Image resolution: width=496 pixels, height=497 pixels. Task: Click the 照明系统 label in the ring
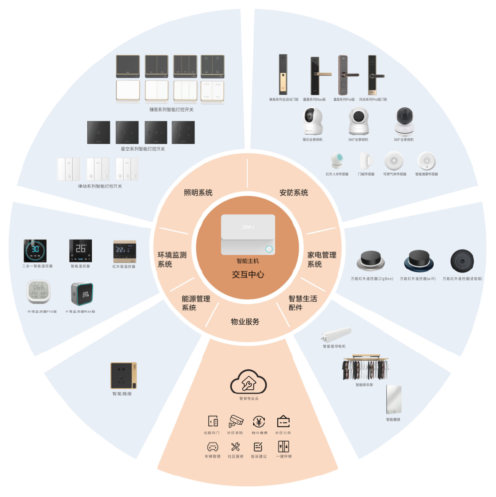(198, 193)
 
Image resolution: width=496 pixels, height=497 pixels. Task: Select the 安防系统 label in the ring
(294, 193)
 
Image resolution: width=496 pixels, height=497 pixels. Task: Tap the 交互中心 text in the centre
(248, 274)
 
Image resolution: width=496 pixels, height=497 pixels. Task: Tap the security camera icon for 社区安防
(236, 421)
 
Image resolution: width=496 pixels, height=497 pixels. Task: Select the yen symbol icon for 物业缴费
(259, 421)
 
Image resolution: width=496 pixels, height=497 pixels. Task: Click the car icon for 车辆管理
(212, 447)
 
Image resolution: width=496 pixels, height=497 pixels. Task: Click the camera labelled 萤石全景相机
(313, 122)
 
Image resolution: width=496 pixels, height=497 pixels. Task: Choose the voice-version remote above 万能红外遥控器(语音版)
(462, 260)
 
